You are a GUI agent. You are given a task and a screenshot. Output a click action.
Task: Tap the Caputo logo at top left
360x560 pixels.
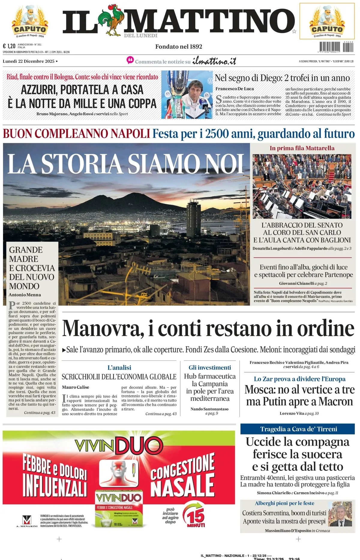[x=30, y=22]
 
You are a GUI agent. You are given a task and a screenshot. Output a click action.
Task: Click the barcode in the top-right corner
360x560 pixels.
[x=336, y=47]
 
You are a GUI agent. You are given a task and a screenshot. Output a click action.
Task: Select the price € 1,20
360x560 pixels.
[x=9, y=46]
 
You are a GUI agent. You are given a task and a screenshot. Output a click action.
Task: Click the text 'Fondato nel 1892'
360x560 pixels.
[x=178, y=47]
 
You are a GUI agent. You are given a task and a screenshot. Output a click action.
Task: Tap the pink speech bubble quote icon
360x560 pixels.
[x=130, y=60]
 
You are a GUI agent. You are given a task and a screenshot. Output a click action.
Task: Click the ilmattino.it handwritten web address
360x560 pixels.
[x=214, y=61]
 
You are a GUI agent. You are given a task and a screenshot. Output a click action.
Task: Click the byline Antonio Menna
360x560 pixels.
[x=25, y=295]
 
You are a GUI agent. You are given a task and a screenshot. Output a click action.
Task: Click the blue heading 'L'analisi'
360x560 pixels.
[x=119, y=368]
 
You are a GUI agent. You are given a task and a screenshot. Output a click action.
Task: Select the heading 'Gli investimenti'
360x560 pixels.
[x=210, y=368]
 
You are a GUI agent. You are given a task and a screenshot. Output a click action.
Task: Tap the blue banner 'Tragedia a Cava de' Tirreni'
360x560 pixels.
[x=298, y=429]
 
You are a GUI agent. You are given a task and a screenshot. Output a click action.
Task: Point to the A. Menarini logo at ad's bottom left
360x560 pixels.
[x=27, y=521]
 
